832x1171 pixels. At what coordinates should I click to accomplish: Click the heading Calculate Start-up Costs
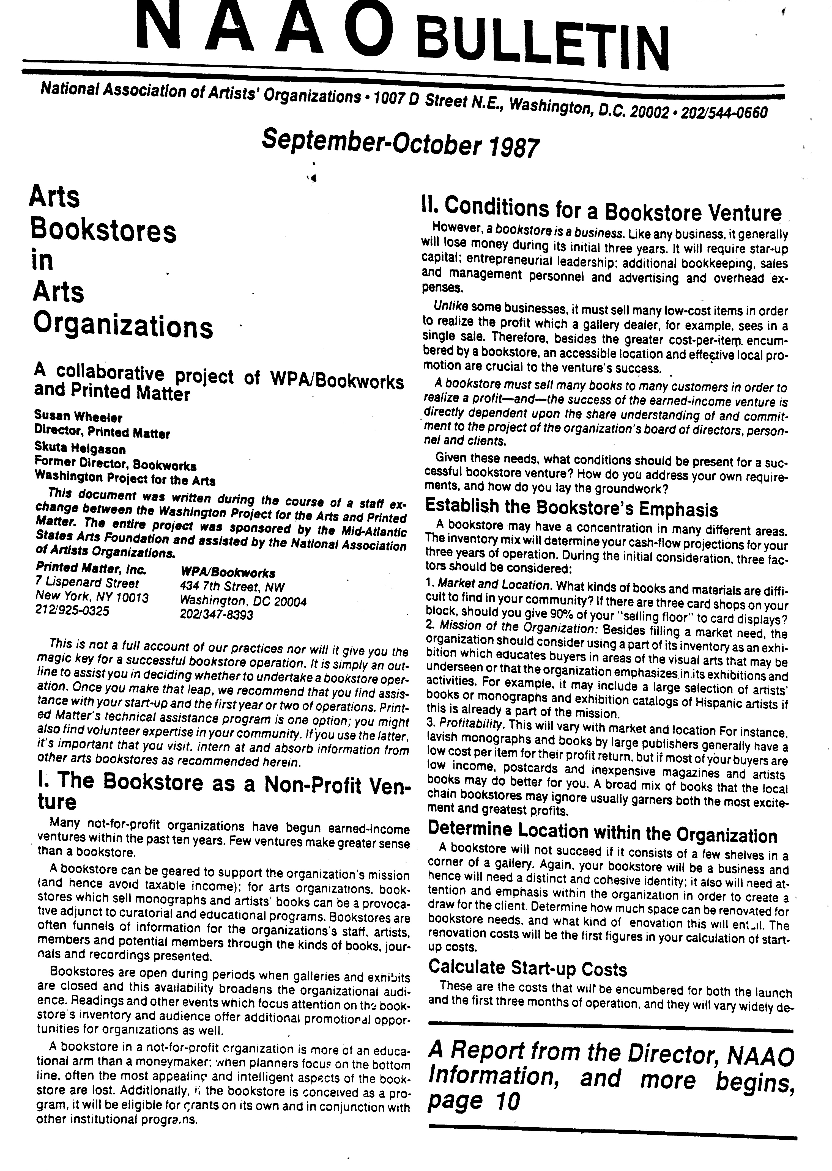click(x=528, y=968)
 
